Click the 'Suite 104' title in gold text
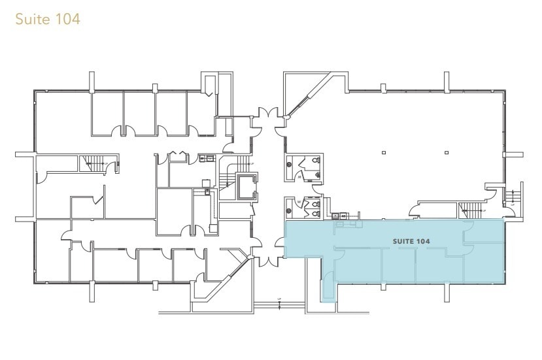click(47, 19)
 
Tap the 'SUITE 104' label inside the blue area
click(411, 242)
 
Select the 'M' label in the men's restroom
click(299, 176)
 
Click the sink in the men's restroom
click(290, 165)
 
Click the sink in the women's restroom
click(290, 210)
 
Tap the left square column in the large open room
click(384, 153)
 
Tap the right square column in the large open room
click(446, 153)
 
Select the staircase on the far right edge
click(513, 197)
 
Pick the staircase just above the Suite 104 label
click(471, 210)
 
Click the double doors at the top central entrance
click(267, 118)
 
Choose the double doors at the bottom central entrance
click(267, 258)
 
